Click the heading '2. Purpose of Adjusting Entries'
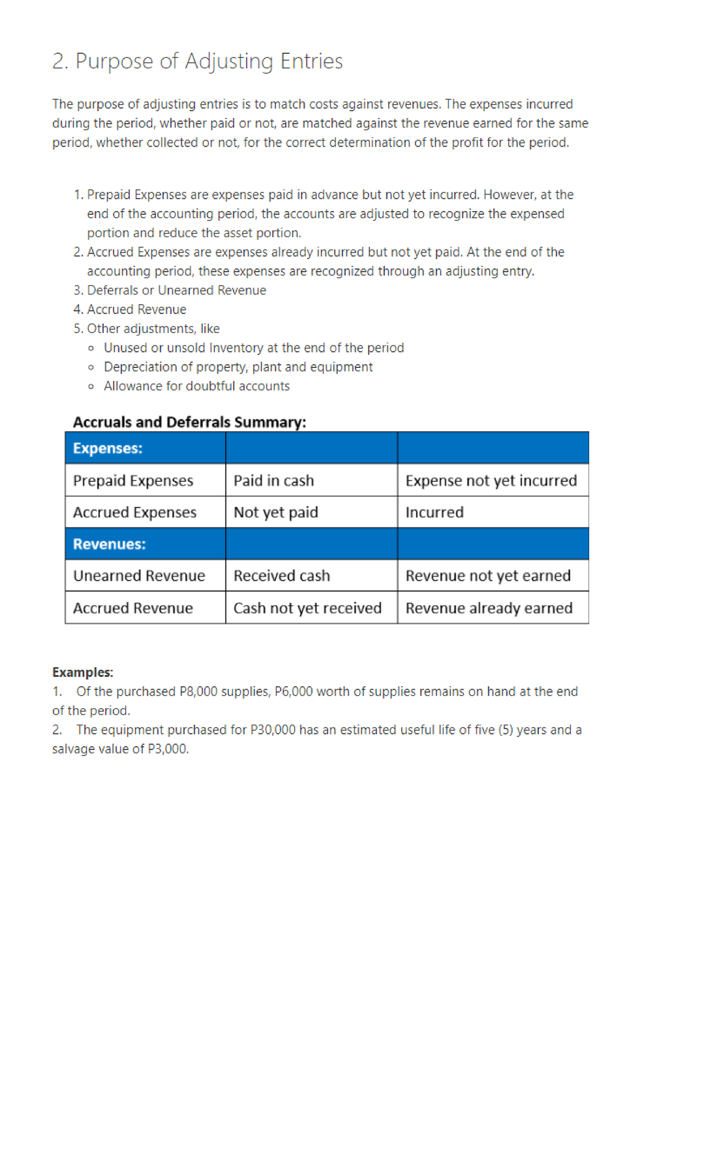coord(197,62)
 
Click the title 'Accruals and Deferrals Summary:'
coord(189,422)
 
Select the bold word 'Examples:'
coord(82,673)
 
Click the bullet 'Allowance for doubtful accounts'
coord(196,386)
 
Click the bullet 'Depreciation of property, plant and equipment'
coord(238,367)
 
